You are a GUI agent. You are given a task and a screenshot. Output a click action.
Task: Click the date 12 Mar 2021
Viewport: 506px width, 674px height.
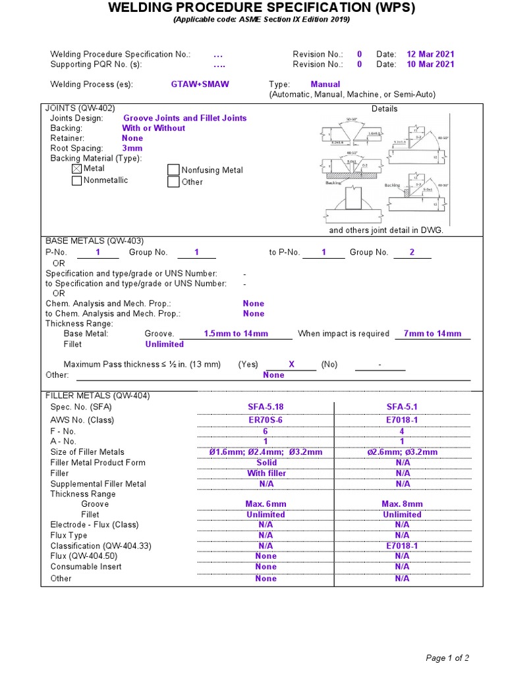coord(430,55)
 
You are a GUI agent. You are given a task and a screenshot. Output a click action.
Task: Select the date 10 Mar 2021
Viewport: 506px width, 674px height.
coord(430,65)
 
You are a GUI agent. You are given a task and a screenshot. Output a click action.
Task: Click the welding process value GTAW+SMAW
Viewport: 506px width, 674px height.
coord(200,85)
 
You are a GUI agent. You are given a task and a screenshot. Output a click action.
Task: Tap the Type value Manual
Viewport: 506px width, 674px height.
coord(325,85)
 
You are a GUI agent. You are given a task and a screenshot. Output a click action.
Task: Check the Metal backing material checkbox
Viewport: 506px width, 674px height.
coord(77,169)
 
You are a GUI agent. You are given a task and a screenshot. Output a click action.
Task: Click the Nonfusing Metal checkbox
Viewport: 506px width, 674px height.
coord(173,170)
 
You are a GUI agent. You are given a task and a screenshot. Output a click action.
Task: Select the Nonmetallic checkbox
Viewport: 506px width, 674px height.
coord(77,181)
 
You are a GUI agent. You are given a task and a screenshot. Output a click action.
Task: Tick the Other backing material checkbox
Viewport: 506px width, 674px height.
coord(173,182)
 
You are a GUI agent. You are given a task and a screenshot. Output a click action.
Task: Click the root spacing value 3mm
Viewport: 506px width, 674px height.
coord(132,149)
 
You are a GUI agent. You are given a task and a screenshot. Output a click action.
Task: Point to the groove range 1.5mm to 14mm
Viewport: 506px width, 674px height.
coord(236,334)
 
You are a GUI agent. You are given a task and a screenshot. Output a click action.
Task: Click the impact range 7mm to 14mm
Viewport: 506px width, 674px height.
coord(432,334)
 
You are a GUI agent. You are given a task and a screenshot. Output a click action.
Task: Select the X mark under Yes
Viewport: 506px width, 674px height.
coord(291,365)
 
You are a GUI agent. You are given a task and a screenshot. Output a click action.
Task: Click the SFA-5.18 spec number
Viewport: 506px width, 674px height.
coord(266,407)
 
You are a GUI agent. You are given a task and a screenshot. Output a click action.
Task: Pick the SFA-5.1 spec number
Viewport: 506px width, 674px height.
coord(402,407)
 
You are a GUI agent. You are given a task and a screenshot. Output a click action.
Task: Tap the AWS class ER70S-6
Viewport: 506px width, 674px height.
coord(266,420)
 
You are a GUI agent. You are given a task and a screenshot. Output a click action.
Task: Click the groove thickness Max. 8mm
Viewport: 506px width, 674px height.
coord(402,504)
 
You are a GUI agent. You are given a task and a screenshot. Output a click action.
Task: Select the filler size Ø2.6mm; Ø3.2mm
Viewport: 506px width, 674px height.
coord(402,452)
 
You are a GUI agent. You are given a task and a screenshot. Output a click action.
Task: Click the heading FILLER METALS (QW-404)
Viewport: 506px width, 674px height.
coord(97,396)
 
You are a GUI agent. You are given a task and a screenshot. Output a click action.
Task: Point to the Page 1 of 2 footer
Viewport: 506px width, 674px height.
coord(447,658)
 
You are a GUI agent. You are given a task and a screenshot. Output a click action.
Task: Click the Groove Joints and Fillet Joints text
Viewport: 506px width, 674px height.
coord(185,118)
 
